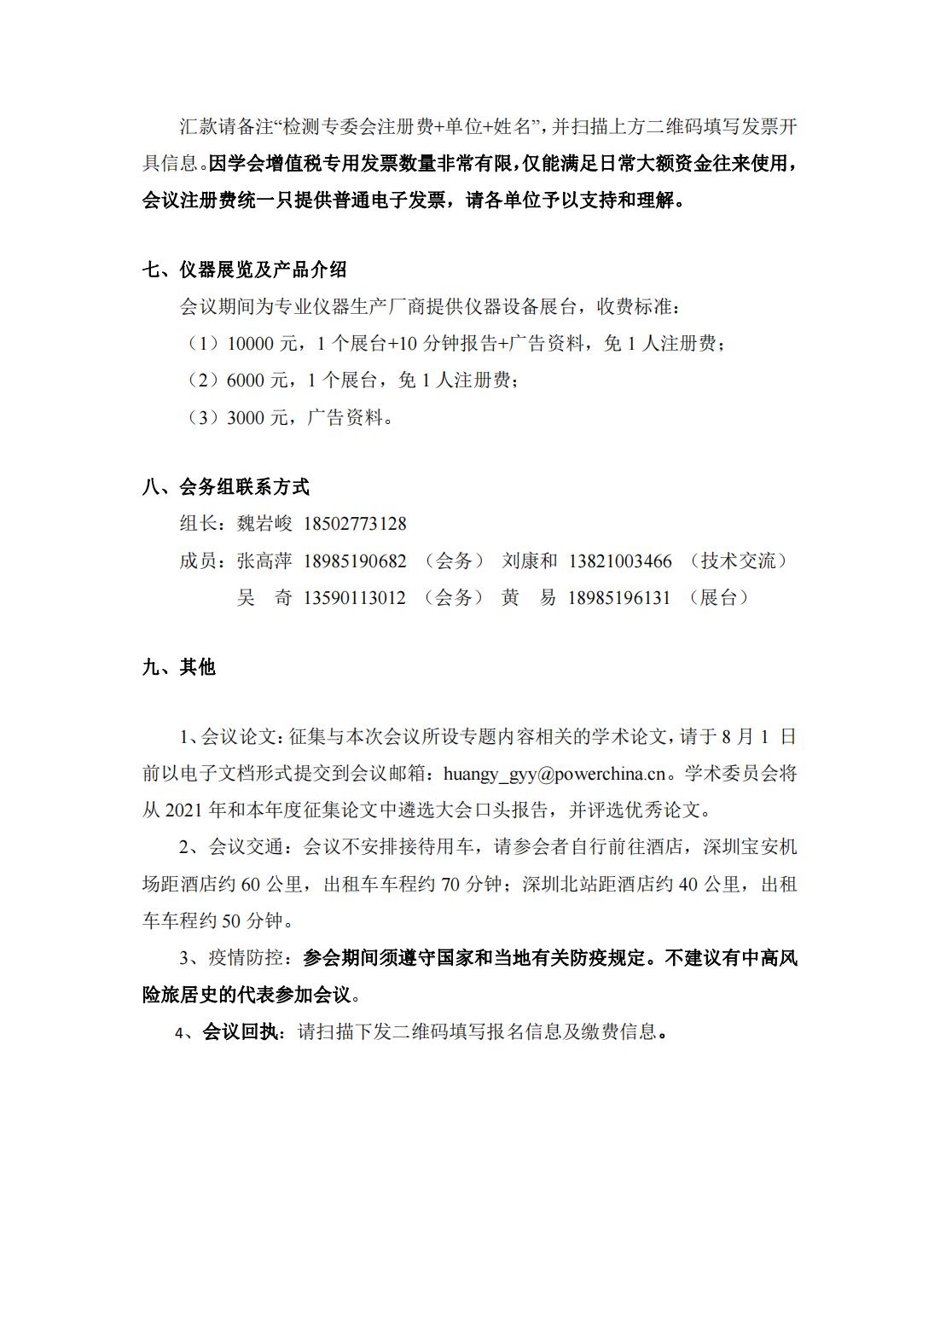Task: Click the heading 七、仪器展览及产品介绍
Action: click(244, 270)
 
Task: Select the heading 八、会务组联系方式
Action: click(225, 487)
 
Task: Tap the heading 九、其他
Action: click(178, 667)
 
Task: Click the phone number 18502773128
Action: click(355, 524)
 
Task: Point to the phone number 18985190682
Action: click(355, 561)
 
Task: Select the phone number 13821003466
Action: click(620, 561)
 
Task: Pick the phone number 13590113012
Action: click(355, 598)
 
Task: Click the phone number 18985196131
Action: click(619, 598)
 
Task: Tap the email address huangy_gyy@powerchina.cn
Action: click(554, 775)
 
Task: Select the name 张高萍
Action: click(264, 561)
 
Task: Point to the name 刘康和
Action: click(530, 561)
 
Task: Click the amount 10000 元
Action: click(261, 344)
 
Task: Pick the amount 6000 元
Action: click(257, 380)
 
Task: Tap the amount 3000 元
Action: click(257, 418)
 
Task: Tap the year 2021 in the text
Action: click(184, 810)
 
